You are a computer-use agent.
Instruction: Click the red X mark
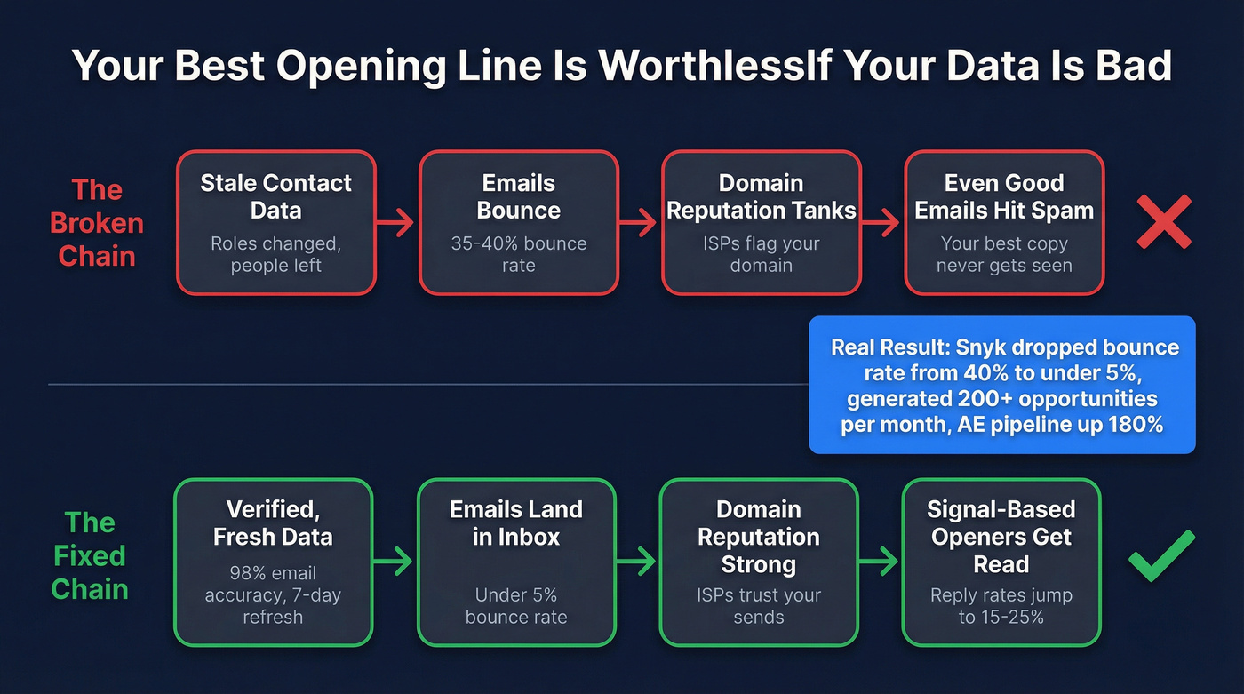tap(1164, 222)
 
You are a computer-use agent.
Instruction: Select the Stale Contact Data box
tap(276, 222)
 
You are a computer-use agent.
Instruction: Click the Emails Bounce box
tap(519, 222)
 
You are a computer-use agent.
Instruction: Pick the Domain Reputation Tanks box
tap(762, 222)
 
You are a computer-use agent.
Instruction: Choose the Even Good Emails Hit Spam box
tap(1004, 222)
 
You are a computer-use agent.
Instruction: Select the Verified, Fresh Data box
tap(273, 562)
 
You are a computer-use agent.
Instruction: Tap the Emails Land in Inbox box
tap(516, 562)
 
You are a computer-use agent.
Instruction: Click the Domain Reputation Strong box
tap(759, 562)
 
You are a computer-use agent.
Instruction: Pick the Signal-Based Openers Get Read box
tap(1001, 562)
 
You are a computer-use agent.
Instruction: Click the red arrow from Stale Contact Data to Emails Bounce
tap(397, 223)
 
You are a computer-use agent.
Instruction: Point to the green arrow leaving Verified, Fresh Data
tap(394, 562)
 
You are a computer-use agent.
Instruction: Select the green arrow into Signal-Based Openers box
tap(880, 562)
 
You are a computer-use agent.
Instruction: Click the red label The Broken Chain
tap(96, 223)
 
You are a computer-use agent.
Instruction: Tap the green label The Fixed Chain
tap(90, 555)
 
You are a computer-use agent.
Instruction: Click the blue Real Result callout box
tap(1002, 385)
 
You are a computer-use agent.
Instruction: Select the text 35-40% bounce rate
tap(519, 254)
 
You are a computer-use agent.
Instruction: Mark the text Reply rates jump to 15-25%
tap(1001, 605)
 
